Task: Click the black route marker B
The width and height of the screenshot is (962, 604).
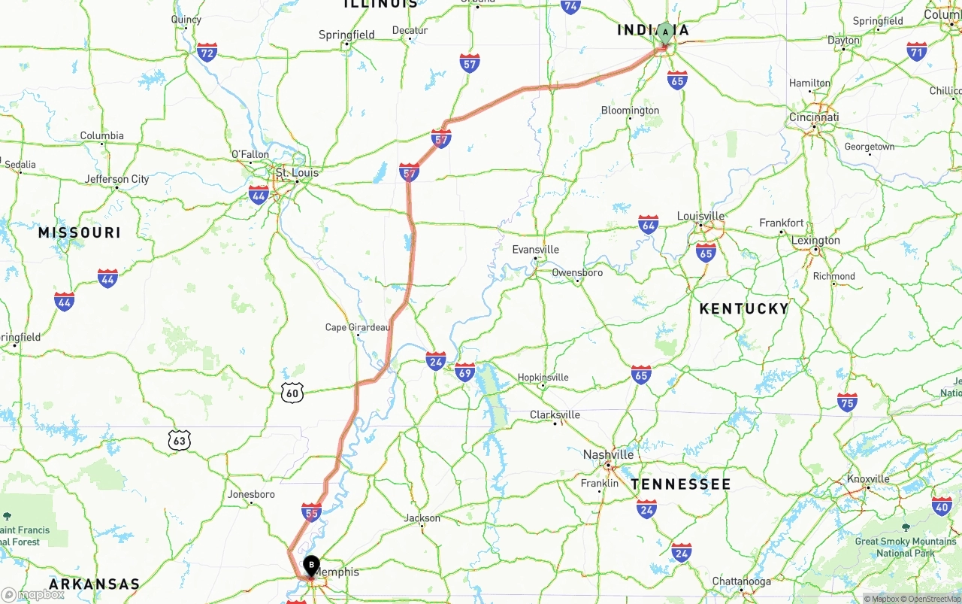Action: (x=311, y=566)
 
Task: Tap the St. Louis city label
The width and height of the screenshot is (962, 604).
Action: (x=297, y=173)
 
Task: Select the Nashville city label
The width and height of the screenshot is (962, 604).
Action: (x=608, y=454)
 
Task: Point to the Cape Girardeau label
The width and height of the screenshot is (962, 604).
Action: (x=358, y=327)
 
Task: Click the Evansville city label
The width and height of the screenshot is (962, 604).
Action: (x=535, y=250)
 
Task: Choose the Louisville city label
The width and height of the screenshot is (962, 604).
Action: (x=700, y=216)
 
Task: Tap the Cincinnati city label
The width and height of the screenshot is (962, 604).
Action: (x=814, y=117)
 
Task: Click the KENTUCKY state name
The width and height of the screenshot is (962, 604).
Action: (x=743, y=308)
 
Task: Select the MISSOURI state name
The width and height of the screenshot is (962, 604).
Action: (x=80, y=233)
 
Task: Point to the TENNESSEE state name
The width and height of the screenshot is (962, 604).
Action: (x=681, y=484)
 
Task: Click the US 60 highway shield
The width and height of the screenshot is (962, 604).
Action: (x=292, y=392)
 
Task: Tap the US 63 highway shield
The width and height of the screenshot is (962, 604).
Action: (x=179, y=441)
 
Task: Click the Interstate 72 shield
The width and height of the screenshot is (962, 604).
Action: (x=207, y=52)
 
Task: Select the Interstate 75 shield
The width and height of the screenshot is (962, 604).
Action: (x=847, y=402)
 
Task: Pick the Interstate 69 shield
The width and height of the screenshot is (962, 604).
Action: (x=464, y=372)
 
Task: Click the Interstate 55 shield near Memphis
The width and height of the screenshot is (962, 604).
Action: (x=311, y=513)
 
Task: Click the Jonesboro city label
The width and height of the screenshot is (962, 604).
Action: (x=251, y=494)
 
